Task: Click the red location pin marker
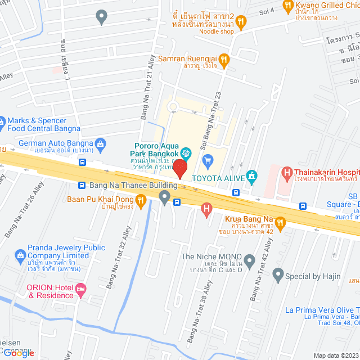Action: [x=179, y=169]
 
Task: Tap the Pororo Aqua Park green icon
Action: [x=186, y=152]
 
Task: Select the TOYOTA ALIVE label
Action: [x=218, y=179]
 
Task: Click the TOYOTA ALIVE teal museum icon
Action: [x=251, y=177]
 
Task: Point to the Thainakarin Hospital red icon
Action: [x=286, y=173]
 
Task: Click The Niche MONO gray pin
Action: [x=250, y=260]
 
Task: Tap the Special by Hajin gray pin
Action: [x=277, y=276]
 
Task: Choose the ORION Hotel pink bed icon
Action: [x=81, y=289]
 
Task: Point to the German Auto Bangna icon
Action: [x=100, y=143]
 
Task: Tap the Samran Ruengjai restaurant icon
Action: [x=224, y=58]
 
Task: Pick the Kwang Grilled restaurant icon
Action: [x=288, y=7]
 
